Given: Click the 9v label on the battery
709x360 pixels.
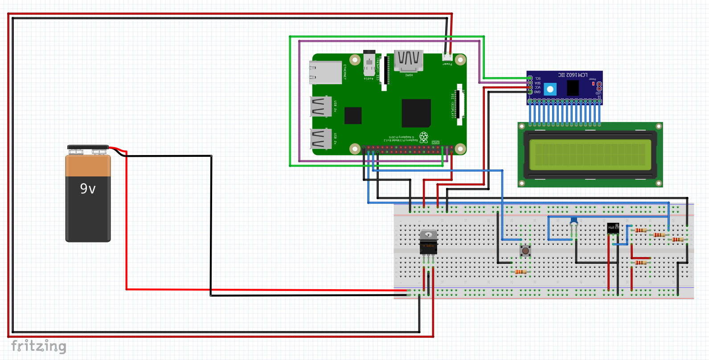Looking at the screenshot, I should coord(88,189).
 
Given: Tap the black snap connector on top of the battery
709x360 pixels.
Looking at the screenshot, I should coord(88,147).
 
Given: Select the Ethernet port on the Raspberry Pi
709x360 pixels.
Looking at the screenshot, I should coord(325,73).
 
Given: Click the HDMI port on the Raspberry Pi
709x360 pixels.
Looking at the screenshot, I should coord(408,61).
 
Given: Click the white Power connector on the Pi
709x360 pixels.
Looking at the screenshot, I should coord(447,57).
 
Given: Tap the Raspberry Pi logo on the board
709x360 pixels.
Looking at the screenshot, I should coord(423,137).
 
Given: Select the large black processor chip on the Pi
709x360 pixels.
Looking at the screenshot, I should coord(416,113).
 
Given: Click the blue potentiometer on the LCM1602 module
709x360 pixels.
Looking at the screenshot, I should coord(550,89).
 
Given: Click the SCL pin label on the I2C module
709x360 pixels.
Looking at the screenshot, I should coord(538,78).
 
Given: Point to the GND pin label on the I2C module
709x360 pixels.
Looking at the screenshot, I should coord(537,92).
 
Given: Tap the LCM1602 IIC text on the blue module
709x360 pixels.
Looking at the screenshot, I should coord(573,75).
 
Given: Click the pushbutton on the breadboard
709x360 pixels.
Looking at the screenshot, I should coord(525,251).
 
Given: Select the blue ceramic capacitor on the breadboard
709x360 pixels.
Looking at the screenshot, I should coord(574,221).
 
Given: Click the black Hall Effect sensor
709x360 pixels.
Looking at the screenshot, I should coord(613,228).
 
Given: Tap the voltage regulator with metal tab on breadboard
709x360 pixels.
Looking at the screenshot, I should coord(428,243).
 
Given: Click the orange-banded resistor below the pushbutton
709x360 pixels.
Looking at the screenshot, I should coord(520,272).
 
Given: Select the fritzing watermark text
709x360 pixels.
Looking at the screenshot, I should coord(39,346).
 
